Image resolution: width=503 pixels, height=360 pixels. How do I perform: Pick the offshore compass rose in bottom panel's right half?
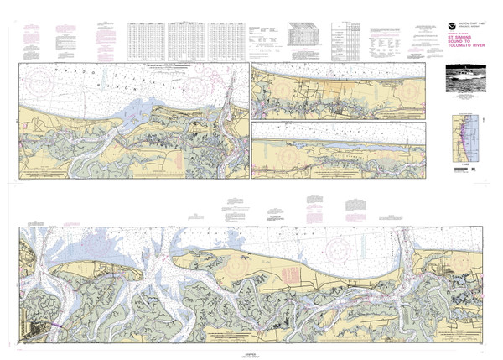click(x=340, y=248)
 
